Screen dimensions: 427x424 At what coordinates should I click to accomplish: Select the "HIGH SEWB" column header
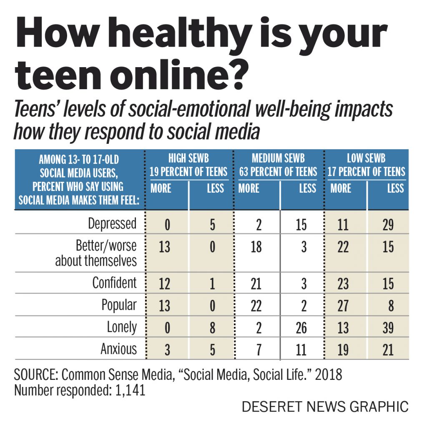(x=188, y=158)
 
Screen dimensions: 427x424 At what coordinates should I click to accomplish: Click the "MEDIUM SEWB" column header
(x=278, y=158)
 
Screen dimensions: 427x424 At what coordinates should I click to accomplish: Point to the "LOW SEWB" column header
(x=366, y=158)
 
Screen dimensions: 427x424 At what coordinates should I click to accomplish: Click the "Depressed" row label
(x=112, y=224)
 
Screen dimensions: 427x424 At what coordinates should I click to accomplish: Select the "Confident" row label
(x=114, y=283)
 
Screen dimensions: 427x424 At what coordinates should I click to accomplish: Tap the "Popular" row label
(x=119, y=305)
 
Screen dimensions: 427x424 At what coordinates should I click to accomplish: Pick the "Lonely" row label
(x=121, y=327)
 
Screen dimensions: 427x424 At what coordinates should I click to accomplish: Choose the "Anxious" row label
(x=118, y=349)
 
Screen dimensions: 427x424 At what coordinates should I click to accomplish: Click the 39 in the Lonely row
(x=388, y=328)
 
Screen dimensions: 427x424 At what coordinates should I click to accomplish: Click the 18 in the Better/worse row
(x=256, y=247)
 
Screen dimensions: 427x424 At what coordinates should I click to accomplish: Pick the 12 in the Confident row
(x=165, y=284)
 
